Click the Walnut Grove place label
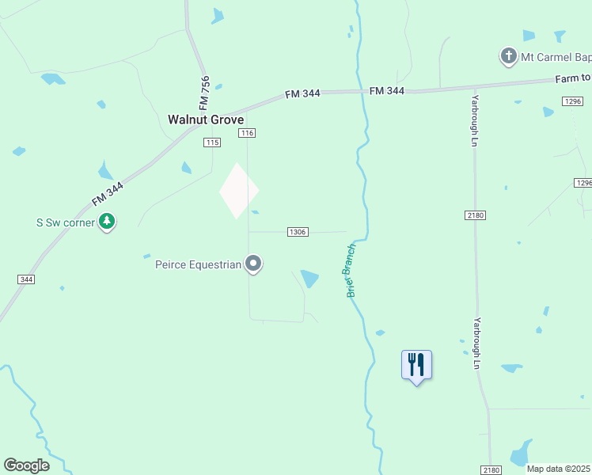(205, 120)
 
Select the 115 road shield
(211, 142)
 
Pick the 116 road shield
(248, 134)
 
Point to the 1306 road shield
(298, 232)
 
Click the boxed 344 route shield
(26, 279)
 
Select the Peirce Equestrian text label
(198, 264)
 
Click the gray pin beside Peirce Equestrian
(253, 263)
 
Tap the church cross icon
(508, 56)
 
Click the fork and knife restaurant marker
(416, 365)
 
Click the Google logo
(26, 465)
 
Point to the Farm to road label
(573, 78)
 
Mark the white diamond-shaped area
(239, 191)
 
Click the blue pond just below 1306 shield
(309, 279)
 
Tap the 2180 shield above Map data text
(491, 470)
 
